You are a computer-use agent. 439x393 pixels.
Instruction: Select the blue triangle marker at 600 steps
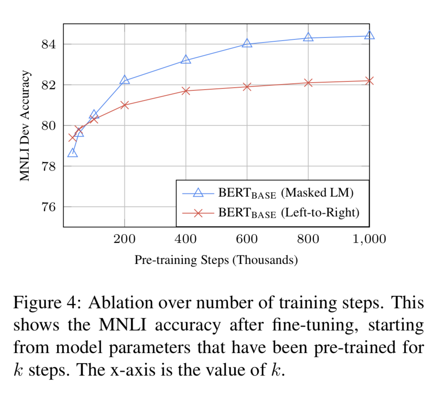coord(247,43)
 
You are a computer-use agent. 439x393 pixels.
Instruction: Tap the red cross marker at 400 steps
coord(186,91)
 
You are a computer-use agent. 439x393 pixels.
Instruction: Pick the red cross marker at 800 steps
coord(308,82)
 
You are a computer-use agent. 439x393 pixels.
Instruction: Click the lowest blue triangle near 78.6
coord(72,153)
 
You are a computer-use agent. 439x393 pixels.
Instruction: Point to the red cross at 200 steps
coord(125,105)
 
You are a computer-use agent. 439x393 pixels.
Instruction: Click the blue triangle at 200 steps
coord(125,80)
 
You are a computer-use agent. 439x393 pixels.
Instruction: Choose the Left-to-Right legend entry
coord(288,213)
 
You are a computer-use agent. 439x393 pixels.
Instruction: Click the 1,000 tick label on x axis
coord(369,239)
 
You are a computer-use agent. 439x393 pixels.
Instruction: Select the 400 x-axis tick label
coord(186,239)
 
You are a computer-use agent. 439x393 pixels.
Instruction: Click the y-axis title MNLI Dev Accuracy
coord(25,125)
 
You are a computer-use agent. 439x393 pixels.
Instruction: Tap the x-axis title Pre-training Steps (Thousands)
coord(216,260)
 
